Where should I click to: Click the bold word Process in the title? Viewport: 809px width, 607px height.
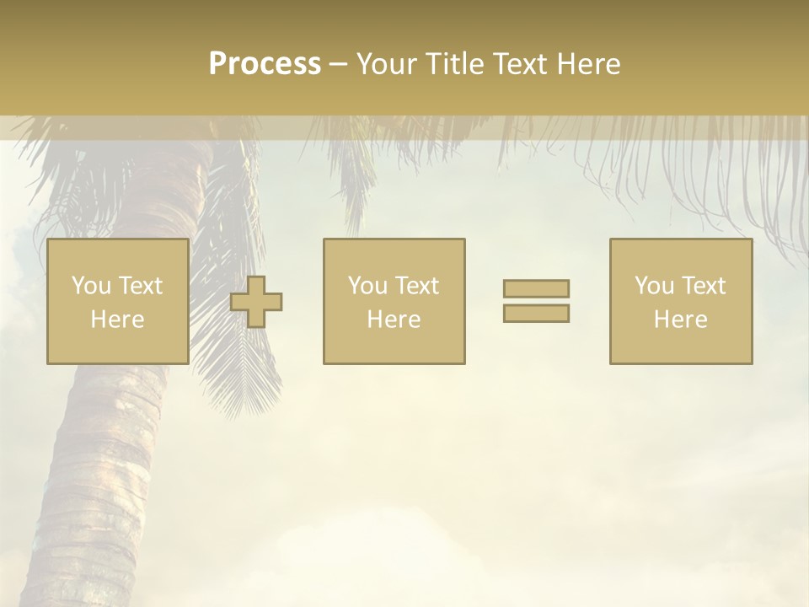(265, 64)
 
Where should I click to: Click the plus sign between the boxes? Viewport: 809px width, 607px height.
(256, 301)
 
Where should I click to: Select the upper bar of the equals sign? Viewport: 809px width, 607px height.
(536, 288)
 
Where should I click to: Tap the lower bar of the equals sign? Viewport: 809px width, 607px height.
(536, 313)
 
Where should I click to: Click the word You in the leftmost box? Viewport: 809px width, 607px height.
(92, 286)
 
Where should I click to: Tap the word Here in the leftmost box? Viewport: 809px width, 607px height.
(117, 320)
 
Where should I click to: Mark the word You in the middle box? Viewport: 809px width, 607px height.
(368, 286)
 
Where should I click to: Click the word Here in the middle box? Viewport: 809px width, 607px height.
(394, 320)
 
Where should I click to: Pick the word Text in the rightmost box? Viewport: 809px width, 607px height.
(703, 286)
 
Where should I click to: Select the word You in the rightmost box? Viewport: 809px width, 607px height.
(655, 286)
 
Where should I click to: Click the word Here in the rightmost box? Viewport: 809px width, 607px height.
(680, 320)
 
